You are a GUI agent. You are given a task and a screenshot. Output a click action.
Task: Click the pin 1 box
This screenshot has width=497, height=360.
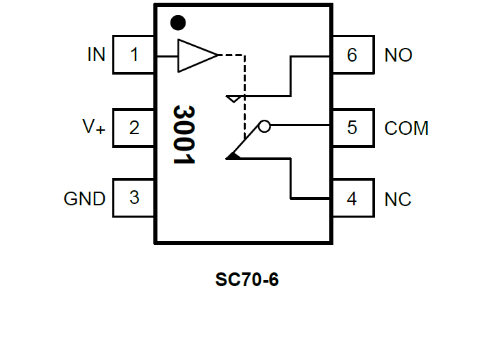point(134,55)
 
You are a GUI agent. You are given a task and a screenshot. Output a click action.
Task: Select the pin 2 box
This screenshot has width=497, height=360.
point(134,127)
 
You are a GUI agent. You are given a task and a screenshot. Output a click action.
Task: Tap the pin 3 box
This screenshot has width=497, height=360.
point(134,198)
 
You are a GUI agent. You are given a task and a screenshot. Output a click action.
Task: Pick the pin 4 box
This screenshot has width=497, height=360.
point(352,199)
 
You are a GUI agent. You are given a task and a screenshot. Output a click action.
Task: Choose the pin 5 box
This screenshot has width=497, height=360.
point(352,127)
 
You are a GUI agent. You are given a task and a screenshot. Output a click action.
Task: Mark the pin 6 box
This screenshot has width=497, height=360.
point(352,55)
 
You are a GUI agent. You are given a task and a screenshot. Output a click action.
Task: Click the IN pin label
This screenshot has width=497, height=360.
point(97,55)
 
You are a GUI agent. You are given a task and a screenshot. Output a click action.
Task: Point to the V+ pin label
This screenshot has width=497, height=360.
point(94,127)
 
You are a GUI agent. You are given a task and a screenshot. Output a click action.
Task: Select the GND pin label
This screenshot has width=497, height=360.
point(84,198)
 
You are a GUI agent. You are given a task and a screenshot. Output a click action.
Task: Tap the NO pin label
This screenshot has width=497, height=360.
point(398,55)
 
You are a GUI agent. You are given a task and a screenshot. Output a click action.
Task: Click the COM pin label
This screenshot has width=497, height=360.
point(406,128)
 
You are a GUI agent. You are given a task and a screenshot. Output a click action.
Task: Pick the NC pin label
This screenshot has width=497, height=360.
point(398,199)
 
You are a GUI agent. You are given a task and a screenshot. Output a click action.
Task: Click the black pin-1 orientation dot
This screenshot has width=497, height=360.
point(178,23)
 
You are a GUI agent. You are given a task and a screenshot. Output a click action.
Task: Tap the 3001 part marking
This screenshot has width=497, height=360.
point(184,134)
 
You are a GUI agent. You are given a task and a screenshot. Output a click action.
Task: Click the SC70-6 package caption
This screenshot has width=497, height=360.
point(247,279)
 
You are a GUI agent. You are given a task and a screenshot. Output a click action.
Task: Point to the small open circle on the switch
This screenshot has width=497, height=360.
point(264,126)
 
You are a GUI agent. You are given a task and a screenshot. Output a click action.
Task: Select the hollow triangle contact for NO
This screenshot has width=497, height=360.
point(233,99)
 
